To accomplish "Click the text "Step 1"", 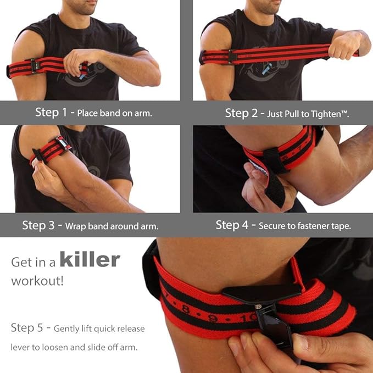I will [x=51, y=113].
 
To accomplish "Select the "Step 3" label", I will [x=41, y=225].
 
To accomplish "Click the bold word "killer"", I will [x=90, y=259].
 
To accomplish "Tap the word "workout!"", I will [x=37, y=281].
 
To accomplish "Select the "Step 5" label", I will [x=28, y=328].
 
